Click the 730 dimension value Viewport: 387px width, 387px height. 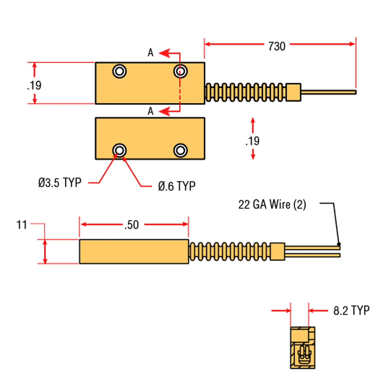277,46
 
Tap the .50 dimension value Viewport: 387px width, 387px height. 132,225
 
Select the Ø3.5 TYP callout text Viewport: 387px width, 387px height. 60,183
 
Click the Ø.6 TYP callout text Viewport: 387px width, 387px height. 177,186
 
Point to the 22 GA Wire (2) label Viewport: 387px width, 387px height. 272,205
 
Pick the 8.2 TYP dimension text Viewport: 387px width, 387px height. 351,310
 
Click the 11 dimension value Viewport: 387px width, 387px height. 22,225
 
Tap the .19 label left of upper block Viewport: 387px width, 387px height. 34,85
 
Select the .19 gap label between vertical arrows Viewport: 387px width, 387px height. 253,141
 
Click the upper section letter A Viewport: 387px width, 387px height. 151,53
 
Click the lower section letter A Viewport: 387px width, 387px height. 151,111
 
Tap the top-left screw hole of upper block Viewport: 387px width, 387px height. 119,71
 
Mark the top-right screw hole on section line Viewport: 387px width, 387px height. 180,71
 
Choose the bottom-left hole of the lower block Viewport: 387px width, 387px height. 119,150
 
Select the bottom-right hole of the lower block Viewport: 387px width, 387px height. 180,150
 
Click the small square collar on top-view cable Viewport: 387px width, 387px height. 293,92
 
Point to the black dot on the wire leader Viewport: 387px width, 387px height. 339,244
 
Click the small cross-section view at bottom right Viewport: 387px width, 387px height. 303,348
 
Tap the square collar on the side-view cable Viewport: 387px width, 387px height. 277,251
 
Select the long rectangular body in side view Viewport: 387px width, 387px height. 134,252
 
